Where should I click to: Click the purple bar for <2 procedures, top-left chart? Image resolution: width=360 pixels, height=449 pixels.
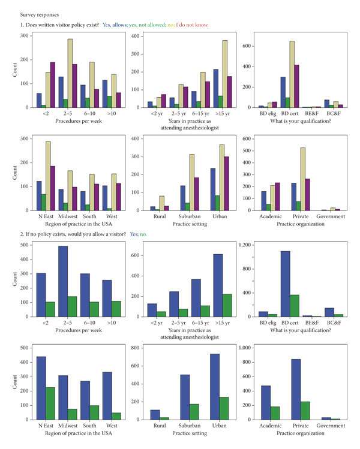pos(52,85)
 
